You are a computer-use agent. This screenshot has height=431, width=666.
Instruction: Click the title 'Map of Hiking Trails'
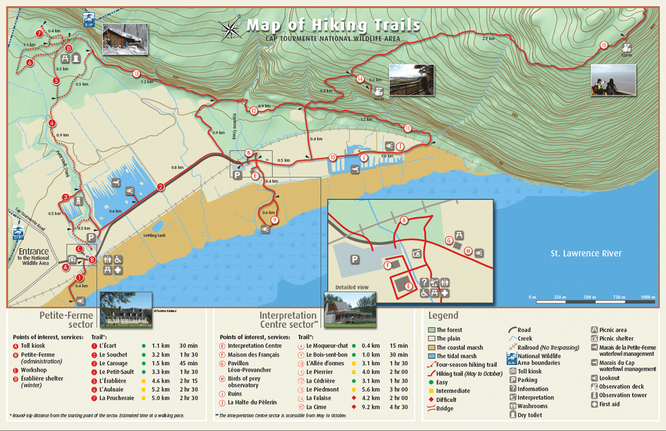coord(333,25)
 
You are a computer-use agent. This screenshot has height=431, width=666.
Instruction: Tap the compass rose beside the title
coord(231,28)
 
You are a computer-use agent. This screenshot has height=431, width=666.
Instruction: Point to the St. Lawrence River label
coord(585,254)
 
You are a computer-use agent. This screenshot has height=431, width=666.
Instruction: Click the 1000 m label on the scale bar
coord(648,297)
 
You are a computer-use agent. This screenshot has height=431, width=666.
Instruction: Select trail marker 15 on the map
coord(603,45)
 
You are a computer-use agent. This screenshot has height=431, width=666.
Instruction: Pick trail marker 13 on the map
coord(136,74)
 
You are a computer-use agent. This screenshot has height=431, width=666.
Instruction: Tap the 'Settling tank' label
coord(154,235)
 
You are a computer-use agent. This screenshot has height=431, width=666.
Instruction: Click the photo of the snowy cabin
coord(125,38)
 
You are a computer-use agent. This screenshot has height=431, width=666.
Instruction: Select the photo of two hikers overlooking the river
coord(613,80)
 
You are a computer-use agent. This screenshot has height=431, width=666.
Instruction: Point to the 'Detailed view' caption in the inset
coord(351,287)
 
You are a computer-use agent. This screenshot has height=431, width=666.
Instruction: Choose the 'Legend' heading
coord(443,315)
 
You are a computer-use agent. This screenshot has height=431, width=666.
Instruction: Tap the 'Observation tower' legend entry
coord(624,395)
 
